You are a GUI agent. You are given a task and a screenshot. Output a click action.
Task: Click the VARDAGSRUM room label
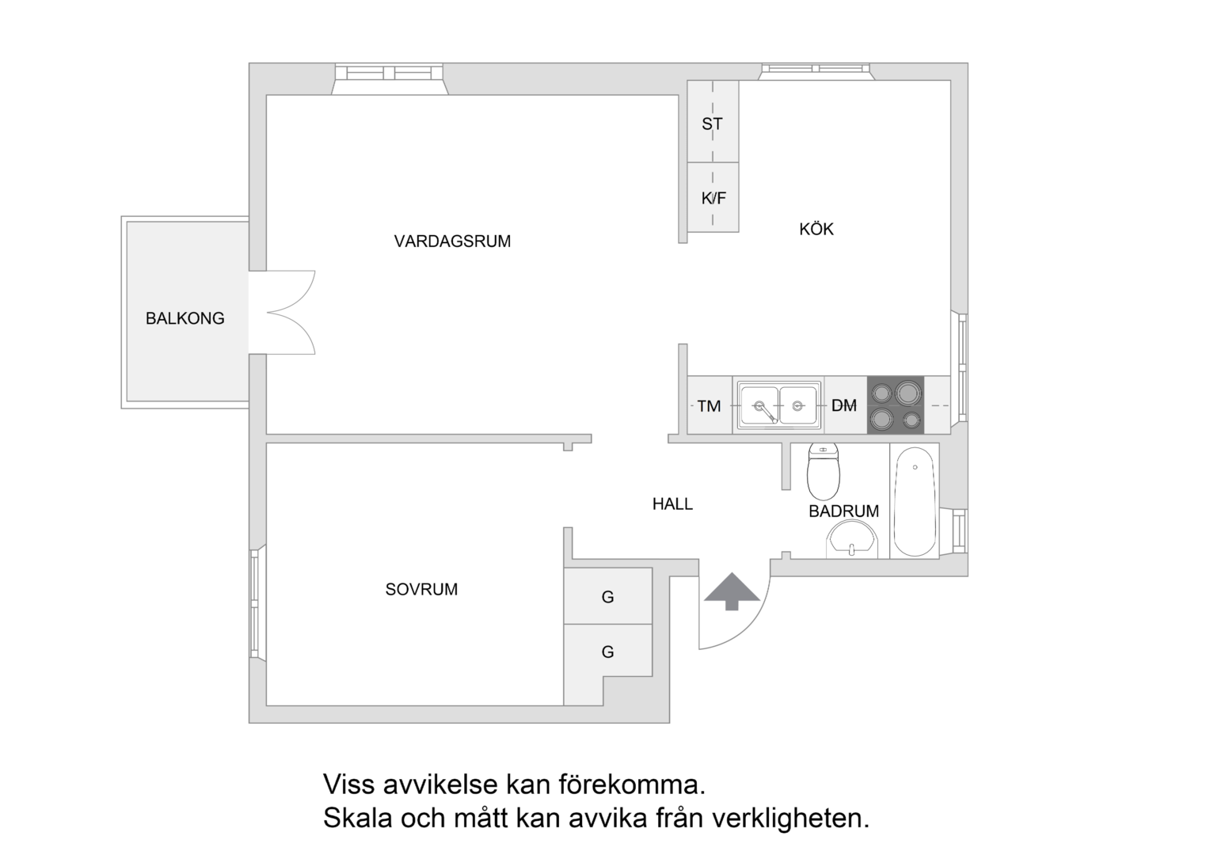coord(452,241)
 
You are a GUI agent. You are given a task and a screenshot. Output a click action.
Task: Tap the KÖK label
coord(816,229)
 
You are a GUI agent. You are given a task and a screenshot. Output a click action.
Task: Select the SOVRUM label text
coord(421,589)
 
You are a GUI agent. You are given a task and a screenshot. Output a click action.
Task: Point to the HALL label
coord(672,504)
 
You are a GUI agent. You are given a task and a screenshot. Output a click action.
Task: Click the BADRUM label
coord(844,511)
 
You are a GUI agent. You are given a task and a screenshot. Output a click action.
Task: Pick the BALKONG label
coord(185,318)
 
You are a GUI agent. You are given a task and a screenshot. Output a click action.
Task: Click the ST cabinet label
coord(712,124)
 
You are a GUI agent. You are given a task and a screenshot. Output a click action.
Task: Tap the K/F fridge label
coord(713,198)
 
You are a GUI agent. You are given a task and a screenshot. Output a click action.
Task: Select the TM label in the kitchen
coord(709,405)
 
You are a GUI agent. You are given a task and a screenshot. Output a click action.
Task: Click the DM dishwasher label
coord(844,405)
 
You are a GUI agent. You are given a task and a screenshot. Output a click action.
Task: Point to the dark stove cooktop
coord(896,405)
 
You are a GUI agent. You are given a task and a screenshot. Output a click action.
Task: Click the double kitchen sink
coord(778,405)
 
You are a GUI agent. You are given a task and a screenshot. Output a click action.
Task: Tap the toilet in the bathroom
coord(824,472)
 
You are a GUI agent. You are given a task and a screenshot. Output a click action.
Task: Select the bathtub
coord(915,501)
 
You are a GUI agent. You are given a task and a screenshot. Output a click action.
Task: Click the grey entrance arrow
coord(732,591)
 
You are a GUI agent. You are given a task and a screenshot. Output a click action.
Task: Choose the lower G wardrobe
coord(607,651)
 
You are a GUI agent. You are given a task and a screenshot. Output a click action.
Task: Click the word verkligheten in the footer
coord(791,819)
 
